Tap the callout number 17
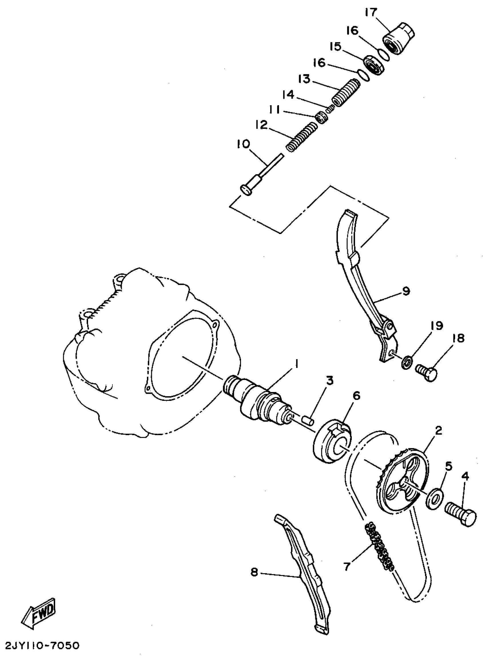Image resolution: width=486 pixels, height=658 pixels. pyautogui.click(x=371, y=13)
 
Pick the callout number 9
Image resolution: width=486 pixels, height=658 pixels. pyautogui.click(x=406, y=291)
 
